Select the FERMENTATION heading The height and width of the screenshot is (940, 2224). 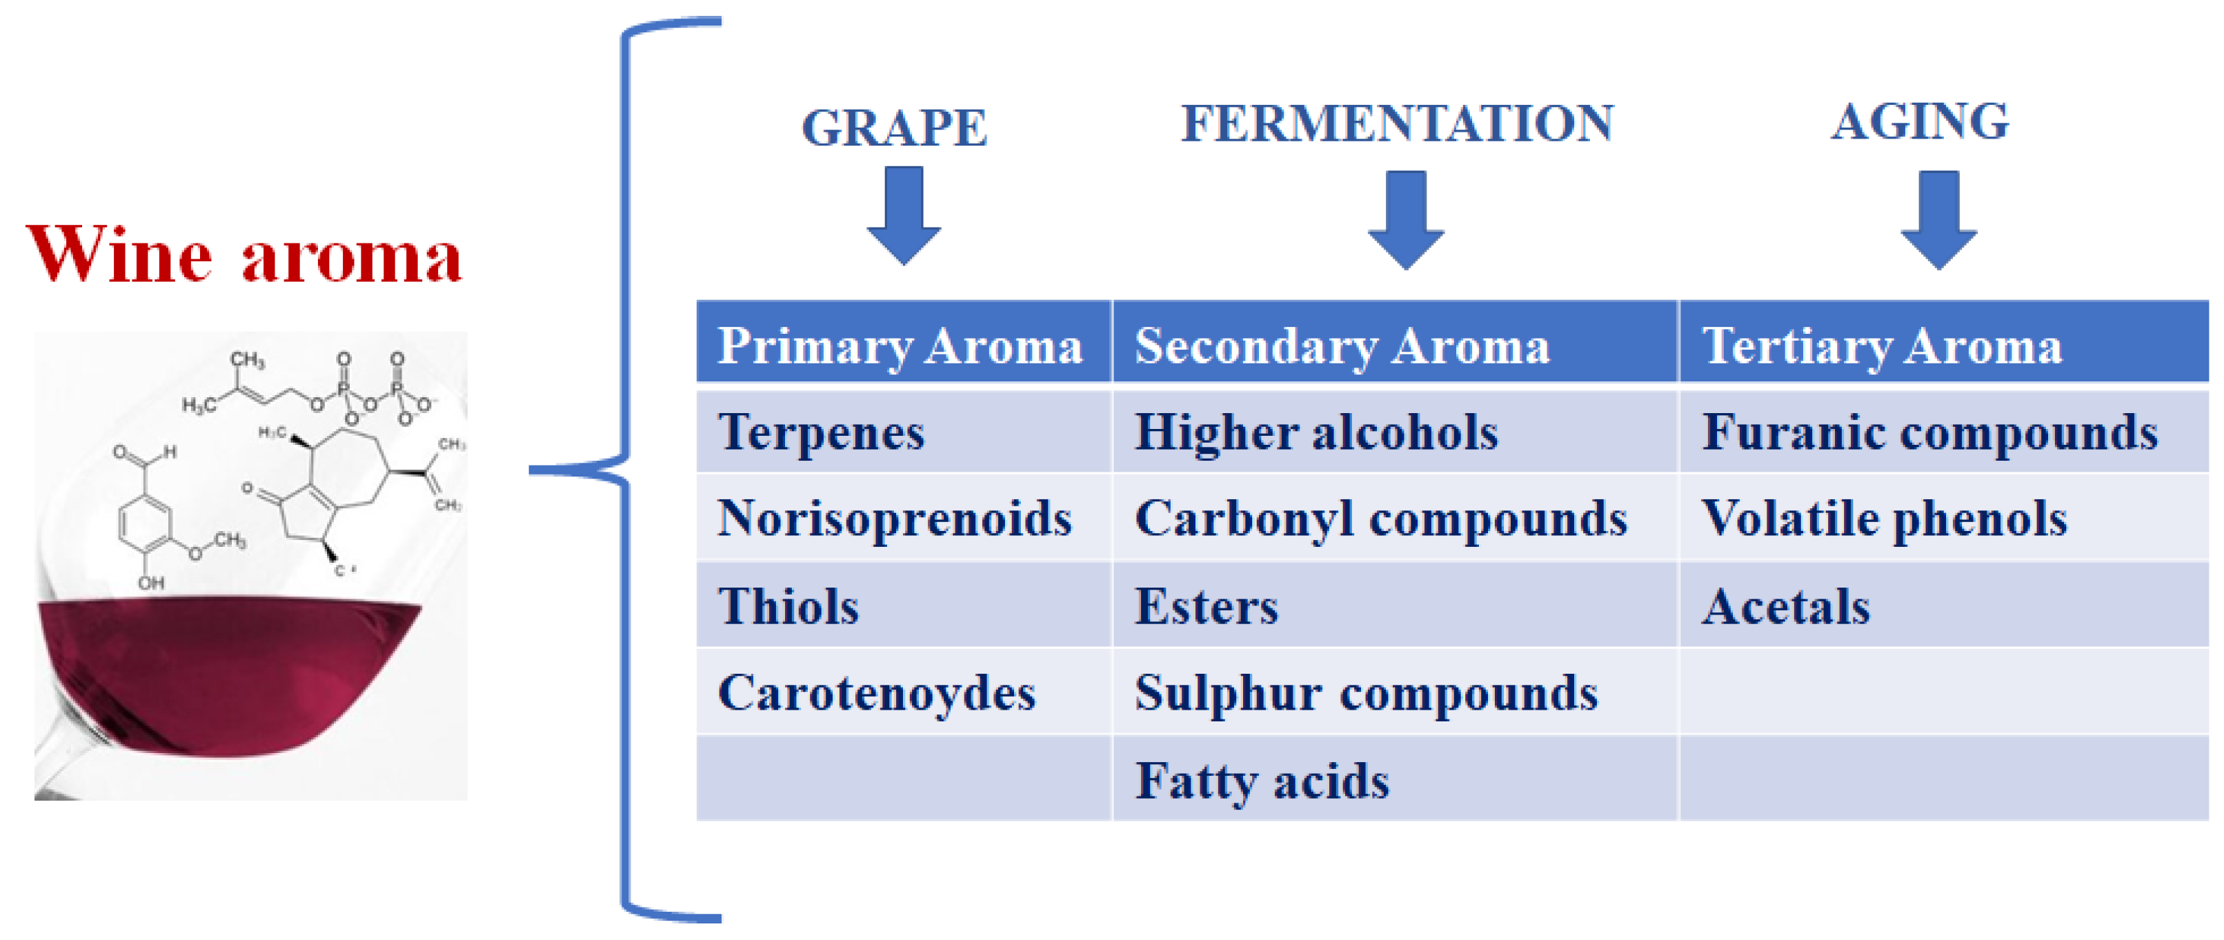click(x=1396, y=123)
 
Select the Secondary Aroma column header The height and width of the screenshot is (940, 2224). click(x=1342, y=346)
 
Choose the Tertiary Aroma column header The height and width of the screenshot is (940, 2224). click(x=1881, y=346)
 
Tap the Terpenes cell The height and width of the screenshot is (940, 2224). click(x=821, y=432)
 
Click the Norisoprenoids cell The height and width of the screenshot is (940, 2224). click(x=895, y=518)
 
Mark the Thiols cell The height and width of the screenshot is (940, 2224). click(x=788, y=606)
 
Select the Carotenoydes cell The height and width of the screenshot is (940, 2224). click(x=876, y=692)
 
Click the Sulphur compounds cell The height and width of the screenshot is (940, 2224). click(x=1366, y=692)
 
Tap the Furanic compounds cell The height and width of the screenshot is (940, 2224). click(x=1929, y=432)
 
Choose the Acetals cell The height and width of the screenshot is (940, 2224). click(x=1785, y=606)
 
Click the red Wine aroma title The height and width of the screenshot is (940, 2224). click(x=244, y=254)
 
